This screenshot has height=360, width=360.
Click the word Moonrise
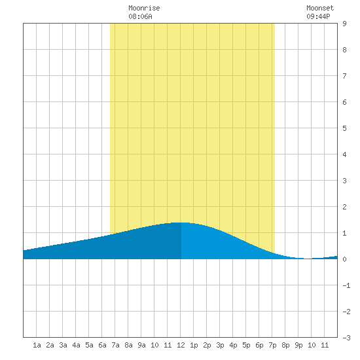coord(144,8)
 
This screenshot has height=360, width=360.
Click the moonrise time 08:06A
coord(140,16)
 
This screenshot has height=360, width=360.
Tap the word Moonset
coord(320,8)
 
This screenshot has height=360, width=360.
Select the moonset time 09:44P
coord(318,16)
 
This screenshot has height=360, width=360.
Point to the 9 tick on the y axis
coord(344,24)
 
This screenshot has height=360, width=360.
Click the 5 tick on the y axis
coord(344,128)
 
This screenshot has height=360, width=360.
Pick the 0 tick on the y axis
coord(344,259)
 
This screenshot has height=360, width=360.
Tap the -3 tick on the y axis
coord(346,338)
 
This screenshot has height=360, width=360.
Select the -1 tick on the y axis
coord(346,285)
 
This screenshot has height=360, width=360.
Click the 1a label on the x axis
coord(37,345)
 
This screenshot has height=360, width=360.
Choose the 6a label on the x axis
coord(102,345)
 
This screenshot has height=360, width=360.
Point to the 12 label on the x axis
coord(181,345)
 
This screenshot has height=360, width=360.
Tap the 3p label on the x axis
coord(220,345)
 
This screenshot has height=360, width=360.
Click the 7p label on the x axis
coord(272,345)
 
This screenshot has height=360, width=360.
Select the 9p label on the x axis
coord(298,345)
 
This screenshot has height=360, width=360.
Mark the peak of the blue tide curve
coord(179,223)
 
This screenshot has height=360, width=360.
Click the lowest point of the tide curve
coord(308,259)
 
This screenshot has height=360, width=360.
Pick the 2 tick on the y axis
coord(344,207)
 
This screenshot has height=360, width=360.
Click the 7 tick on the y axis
coord(344,76)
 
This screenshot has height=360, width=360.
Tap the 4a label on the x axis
coord(76,345)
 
